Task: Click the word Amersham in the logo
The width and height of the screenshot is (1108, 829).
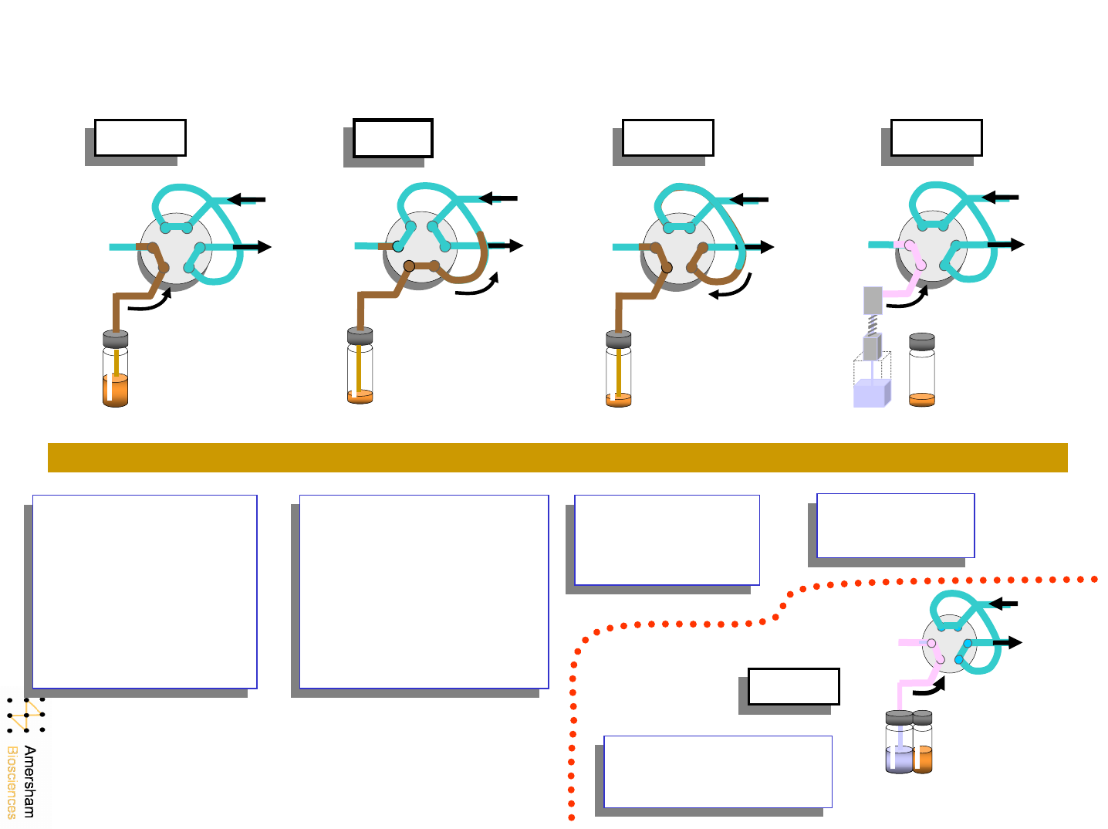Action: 29,781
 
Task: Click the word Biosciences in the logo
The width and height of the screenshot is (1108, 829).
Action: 12,782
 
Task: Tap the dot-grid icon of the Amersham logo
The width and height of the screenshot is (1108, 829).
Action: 25,716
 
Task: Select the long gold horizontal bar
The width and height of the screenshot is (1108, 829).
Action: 557,457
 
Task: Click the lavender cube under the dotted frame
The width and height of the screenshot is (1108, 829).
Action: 871,393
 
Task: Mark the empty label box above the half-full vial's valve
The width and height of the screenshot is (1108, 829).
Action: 140,137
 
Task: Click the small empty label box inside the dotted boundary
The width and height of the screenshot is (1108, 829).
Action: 793,686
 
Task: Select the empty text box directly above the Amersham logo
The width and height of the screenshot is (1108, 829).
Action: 144,591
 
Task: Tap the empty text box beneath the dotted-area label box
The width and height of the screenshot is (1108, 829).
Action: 718,771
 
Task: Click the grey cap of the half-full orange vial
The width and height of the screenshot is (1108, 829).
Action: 115,338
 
